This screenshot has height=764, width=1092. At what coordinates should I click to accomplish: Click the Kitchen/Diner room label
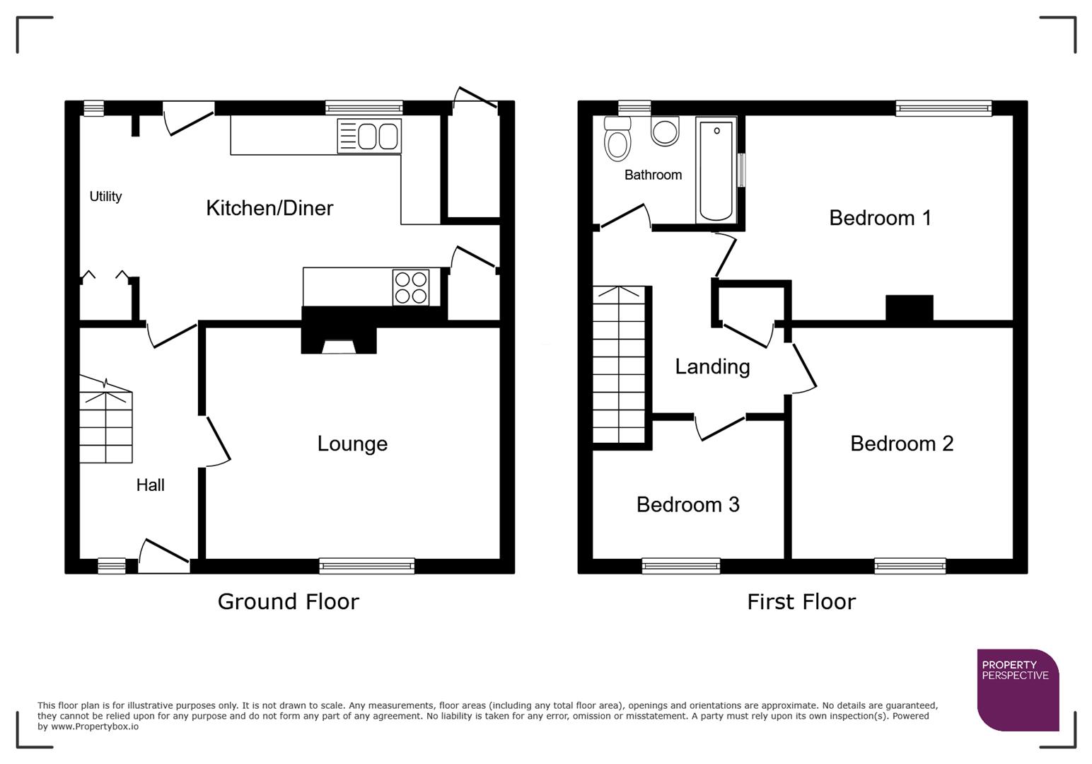[269, 208]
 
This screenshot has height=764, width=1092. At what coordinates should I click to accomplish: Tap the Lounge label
[352, 444]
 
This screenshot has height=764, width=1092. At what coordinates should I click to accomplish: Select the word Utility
[105, 197]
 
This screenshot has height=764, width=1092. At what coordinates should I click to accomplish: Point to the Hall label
[150, 485]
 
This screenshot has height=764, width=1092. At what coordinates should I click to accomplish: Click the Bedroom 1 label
[880, 218]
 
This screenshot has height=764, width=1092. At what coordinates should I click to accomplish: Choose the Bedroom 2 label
[902, 444]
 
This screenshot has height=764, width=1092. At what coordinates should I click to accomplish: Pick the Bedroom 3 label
[687, 504]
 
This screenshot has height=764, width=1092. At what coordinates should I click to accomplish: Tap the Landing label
[712, 366]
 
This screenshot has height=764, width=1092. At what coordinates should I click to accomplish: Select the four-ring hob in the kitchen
[411, 287]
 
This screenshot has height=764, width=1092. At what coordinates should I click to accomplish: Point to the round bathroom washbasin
[665, 131]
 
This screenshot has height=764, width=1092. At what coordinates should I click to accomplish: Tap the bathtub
[716, 170]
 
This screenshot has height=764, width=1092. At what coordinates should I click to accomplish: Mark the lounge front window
[366, 565]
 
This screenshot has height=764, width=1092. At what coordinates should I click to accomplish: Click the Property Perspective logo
[1018, 690]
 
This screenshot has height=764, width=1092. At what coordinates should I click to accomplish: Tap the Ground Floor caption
[288, 602]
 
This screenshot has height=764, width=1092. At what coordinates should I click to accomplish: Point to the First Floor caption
[801, 602]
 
